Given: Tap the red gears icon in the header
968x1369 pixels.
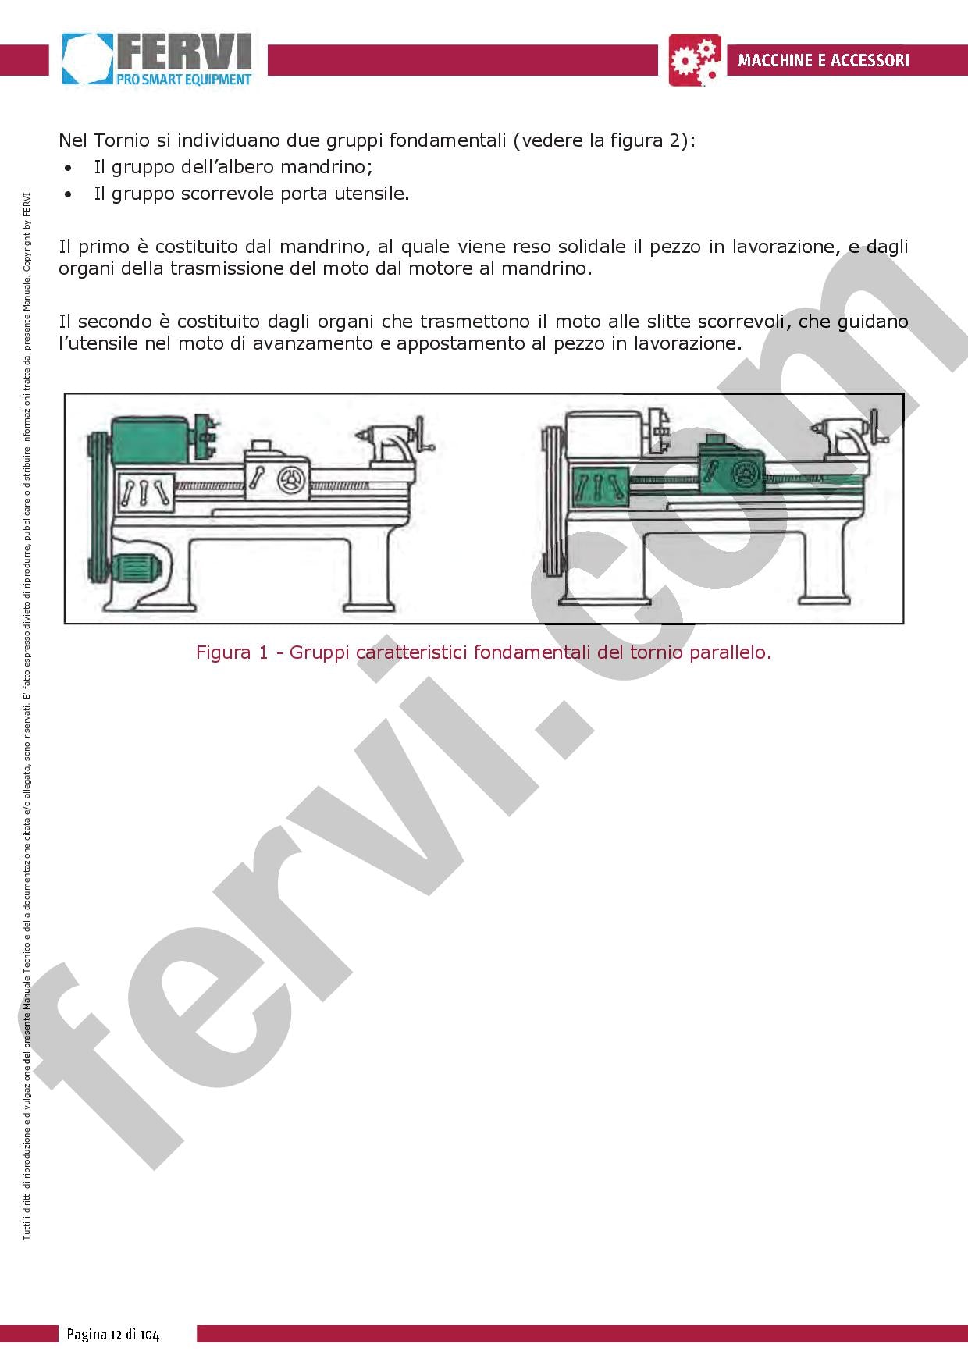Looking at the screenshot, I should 696,60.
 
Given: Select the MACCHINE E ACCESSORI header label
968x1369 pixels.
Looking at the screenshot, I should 823,60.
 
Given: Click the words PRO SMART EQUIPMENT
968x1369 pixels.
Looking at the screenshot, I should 183,79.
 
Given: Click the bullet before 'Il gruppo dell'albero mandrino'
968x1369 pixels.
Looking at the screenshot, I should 69,168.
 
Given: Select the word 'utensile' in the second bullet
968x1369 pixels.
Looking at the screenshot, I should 371,194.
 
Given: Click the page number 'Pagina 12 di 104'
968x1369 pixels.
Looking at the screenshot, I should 112,1334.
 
